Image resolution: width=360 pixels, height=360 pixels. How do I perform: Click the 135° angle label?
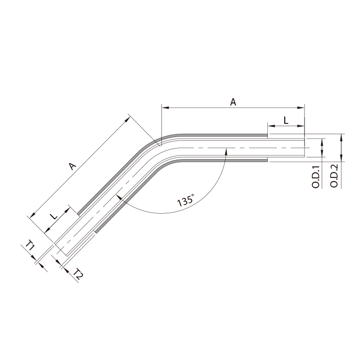pos(186,200)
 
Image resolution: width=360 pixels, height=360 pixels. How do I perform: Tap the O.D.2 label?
pos(334,176)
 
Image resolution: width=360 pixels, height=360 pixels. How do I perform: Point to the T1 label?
pos(30,245)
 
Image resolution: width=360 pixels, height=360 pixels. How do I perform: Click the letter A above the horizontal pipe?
pos(233,102)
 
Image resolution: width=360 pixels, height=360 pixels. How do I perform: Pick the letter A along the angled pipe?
pos(72,166)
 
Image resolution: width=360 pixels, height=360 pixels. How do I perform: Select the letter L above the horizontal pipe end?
pos(286,120)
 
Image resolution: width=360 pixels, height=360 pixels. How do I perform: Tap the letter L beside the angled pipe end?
pos(54,216)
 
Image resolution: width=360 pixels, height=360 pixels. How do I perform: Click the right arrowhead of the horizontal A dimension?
pos(301,107)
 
